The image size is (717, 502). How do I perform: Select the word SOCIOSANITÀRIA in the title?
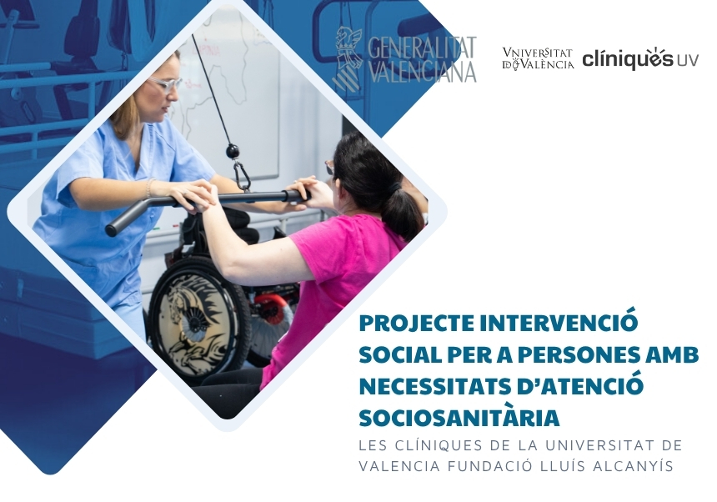[x=459, y=418]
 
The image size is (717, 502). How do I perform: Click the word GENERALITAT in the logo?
[x=422, y=47]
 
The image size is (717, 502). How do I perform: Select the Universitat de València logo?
[x=537, y=58]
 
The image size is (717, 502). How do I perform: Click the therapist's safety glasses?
[x=166, y=84]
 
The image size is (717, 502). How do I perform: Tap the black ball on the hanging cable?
[x=233, y=150]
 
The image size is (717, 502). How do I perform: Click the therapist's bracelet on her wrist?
[x=150, y=188]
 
